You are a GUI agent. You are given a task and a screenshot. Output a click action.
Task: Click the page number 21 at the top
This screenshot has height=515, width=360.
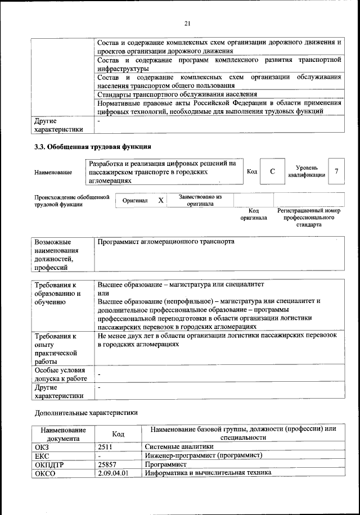[x=188, y=23]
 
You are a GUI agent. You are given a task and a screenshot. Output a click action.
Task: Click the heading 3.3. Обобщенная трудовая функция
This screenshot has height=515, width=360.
[x=93, y=147]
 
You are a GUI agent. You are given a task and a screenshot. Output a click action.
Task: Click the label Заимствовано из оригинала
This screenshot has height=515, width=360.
[x=200, y=201]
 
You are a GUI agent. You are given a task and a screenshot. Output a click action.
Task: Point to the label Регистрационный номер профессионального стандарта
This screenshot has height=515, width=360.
[x=309, y=217]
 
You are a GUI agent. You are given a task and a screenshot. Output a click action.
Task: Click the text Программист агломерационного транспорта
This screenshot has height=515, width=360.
[x=165, y=242]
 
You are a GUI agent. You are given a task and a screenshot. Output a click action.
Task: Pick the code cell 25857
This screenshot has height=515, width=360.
[x=107, y=464]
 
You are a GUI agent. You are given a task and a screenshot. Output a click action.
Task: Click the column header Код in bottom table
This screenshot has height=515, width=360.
[x=118, y=433]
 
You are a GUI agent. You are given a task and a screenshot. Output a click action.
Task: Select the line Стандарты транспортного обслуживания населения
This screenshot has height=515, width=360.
[x=177, y=94]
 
